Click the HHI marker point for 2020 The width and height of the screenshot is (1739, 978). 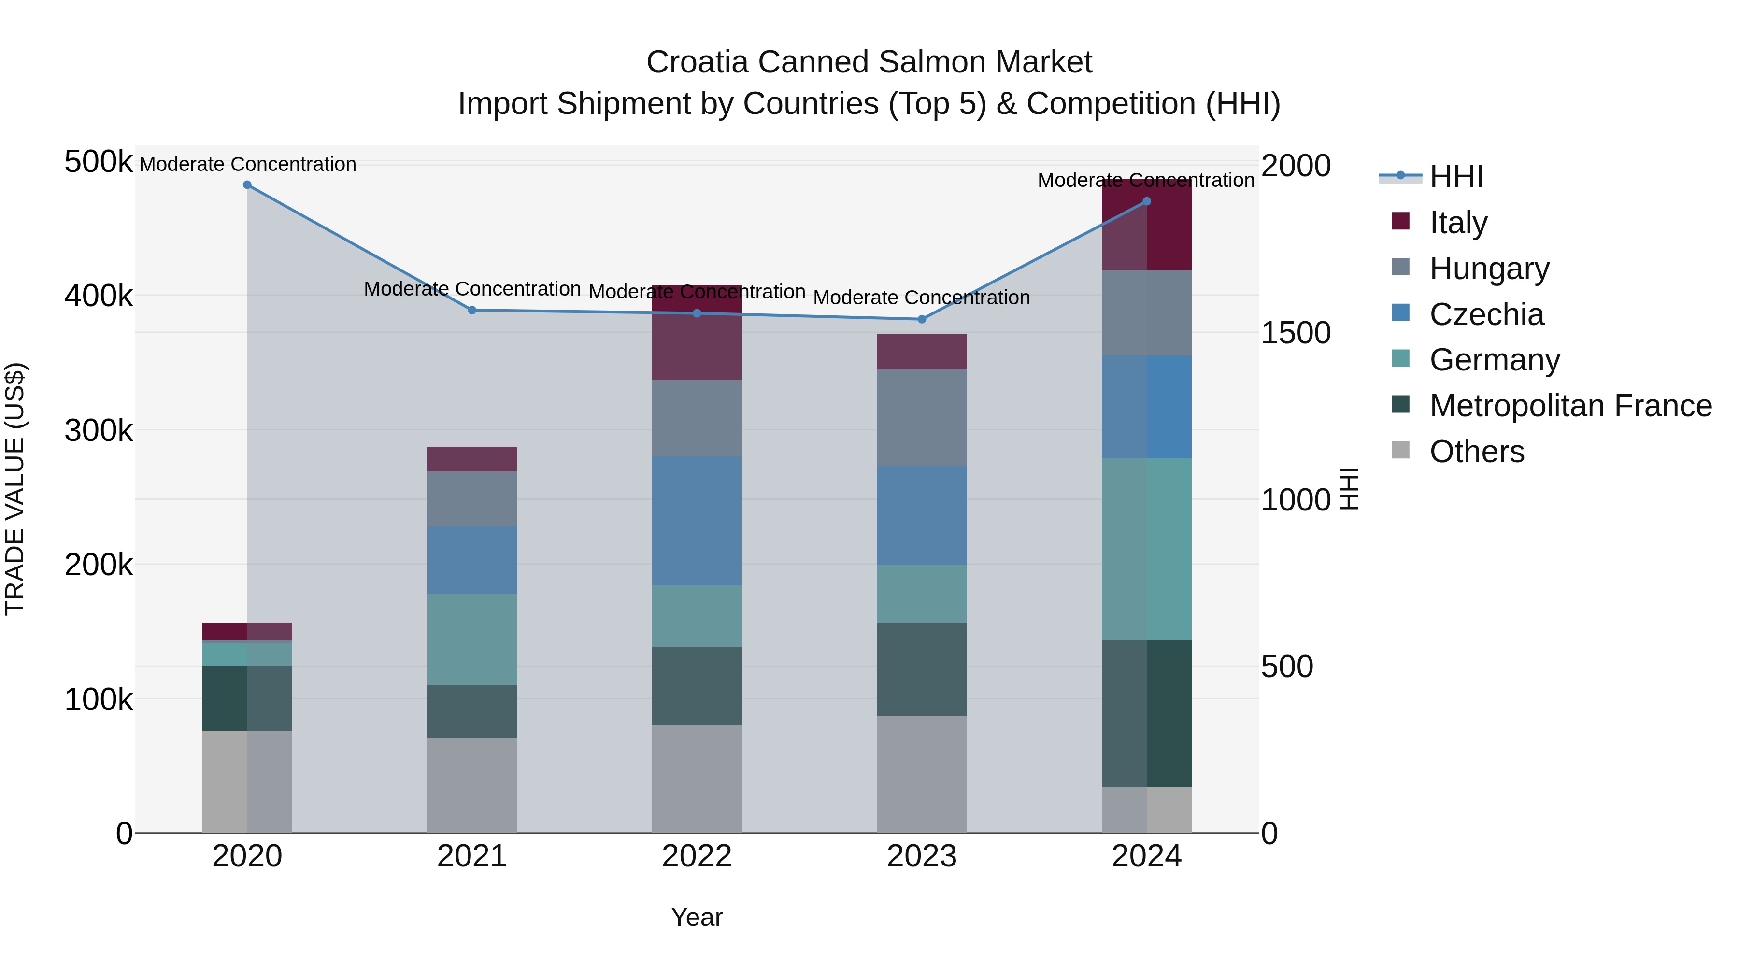(x=247, y=185)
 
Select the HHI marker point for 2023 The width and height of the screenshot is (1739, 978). (x=922, y=319)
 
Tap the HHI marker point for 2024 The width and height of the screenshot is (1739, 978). (x=1146, y=201)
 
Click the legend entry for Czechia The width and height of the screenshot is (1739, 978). (x=1486, y=314)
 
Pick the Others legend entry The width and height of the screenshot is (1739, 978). (x=1476, y=452)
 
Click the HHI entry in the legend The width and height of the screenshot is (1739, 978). (x=1455, y=177)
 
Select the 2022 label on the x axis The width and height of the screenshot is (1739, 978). (x=697, y=856)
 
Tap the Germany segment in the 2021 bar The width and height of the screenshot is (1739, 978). (x=472, y=638)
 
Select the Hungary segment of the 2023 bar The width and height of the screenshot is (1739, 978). (x=922, y=417)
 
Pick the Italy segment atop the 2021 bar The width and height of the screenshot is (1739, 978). (x=472, y=459)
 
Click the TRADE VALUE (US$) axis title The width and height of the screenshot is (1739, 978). (x=15, y=489)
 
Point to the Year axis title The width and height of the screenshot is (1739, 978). (x=697, y=917)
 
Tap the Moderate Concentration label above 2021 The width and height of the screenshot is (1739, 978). (x=472, y=289)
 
